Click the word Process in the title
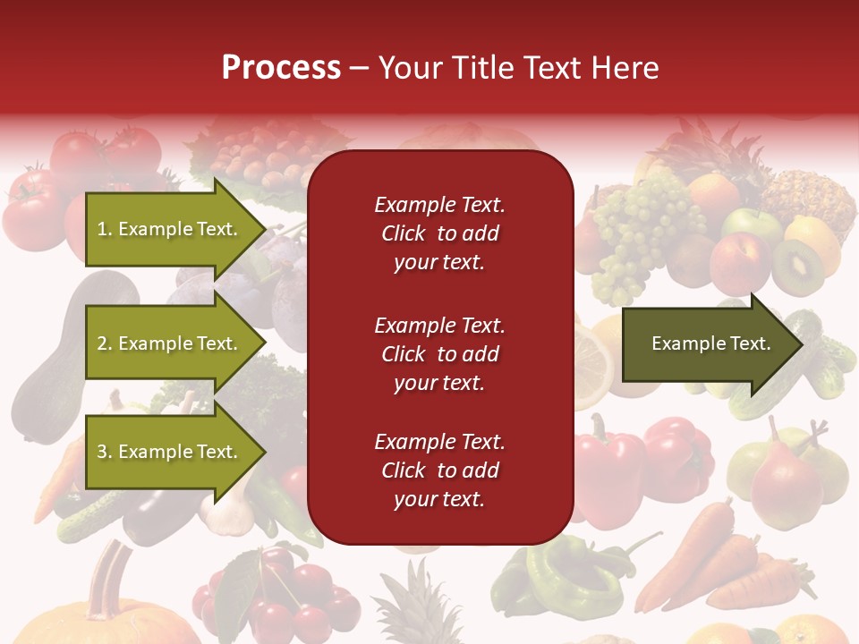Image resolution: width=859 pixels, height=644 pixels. (x=281, y=68)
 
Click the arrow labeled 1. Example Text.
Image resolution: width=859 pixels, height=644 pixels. (x=166, y=229)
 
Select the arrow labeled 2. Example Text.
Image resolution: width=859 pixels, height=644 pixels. (x=166, y=343)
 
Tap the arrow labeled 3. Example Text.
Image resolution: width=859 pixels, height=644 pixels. (x=166, y=452)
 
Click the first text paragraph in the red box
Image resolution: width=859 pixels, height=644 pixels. (x=439, y=233)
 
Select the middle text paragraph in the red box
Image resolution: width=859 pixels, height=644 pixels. (x=439, y=354)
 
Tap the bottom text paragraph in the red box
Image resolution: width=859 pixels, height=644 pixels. (x=439, y=470)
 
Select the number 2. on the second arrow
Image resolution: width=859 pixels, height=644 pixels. (x=105, y=343)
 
